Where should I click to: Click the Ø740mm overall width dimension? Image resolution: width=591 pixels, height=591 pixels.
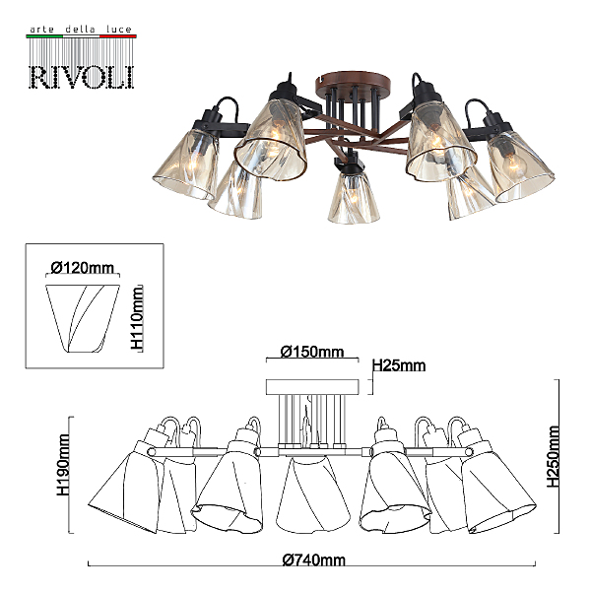tap(313, 560)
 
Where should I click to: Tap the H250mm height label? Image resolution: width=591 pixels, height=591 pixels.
tap(554, 456)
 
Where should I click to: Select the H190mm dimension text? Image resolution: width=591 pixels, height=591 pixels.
tap(63, 465)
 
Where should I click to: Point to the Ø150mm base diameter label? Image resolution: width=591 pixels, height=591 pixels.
tap(312, 352)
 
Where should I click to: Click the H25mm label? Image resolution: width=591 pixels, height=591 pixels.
tap(399, 365)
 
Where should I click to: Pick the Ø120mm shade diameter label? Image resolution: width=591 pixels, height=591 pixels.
tap(82, 268)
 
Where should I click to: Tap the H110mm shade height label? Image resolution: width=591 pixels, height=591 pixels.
tap(137, 318)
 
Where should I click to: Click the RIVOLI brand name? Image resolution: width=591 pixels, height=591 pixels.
tap(82, 78)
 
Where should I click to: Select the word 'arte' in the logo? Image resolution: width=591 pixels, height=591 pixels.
tap(41, 30)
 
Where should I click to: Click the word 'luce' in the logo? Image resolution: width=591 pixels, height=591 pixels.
tap(119, 29)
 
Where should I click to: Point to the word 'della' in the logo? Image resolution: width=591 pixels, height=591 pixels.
tap(81, 29)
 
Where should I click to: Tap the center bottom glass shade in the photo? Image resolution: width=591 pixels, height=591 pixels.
tap(354, 198)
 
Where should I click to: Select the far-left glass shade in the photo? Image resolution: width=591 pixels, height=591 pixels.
tap(185, 164)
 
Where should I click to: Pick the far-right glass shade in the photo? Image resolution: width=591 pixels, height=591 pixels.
tap(520, 166)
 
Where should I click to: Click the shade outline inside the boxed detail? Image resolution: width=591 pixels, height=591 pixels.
tap(83, 318)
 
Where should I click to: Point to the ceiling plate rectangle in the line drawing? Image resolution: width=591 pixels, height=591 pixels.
tap(312, 387)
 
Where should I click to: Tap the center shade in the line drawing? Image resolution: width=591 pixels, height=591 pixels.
tap(313, 494)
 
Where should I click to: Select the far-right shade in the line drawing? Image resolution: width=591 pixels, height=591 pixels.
tap(497, 487)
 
